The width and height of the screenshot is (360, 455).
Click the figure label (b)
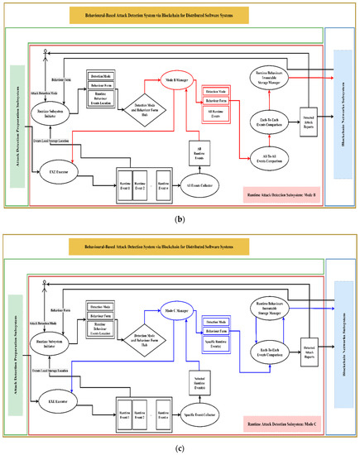(180, 223)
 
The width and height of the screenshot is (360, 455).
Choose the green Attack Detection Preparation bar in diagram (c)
(16, 346)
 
